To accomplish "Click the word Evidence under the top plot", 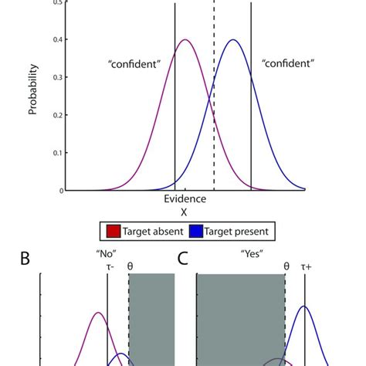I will pos(184,199).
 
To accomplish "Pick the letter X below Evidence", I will pos(184,212).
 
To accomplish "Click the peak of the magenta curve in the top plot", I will pos(185,40).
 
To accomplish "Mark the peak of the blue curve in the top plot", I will pos(232,40).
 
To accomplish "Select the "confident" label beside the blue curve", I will pos(287,65).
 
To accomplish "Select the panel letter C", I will pos(183,259).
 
